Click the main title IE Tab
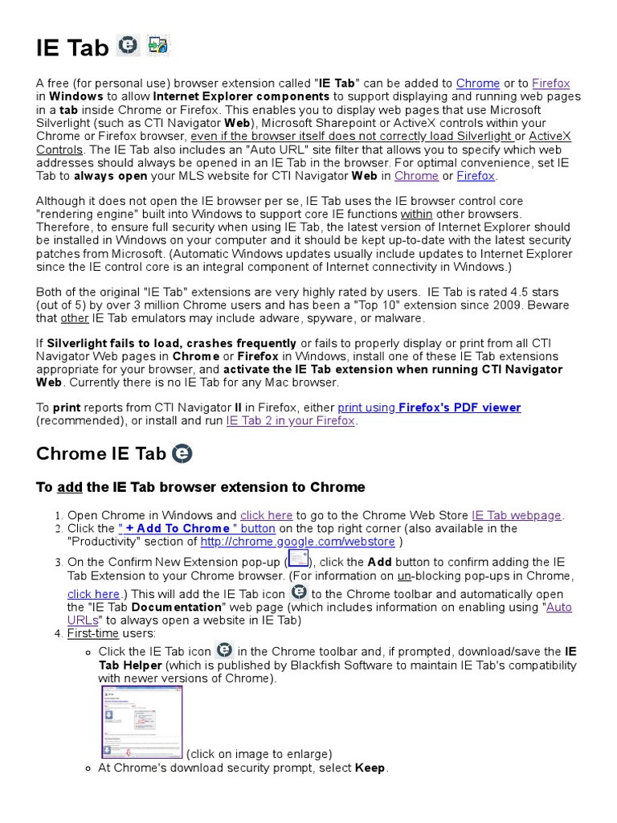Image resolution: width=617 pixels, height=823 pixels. [72, 49]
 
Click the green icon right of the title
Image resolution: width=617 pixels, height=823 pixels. [158, 46]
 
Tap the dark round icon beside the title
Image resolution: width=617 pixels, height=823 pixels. [128, 46]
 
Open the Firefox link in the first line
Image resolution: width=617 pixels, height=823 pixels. [551, 83]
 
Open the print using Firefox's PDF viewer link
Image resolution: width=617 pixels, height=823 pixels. [429, 407]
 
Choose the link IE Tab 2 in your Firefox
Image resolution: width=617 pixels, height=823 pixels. [290, 420]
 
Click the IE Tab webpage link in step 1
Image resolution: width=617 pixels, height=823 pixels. [517, 515]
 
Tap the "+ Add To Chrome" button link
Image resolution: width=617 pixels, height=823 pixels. [197, 528]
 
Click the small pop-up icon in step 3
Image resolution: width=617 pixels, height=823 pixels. [298, 559]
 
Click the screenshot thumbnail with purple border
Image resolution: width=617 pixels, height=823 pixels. [142, 722]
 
